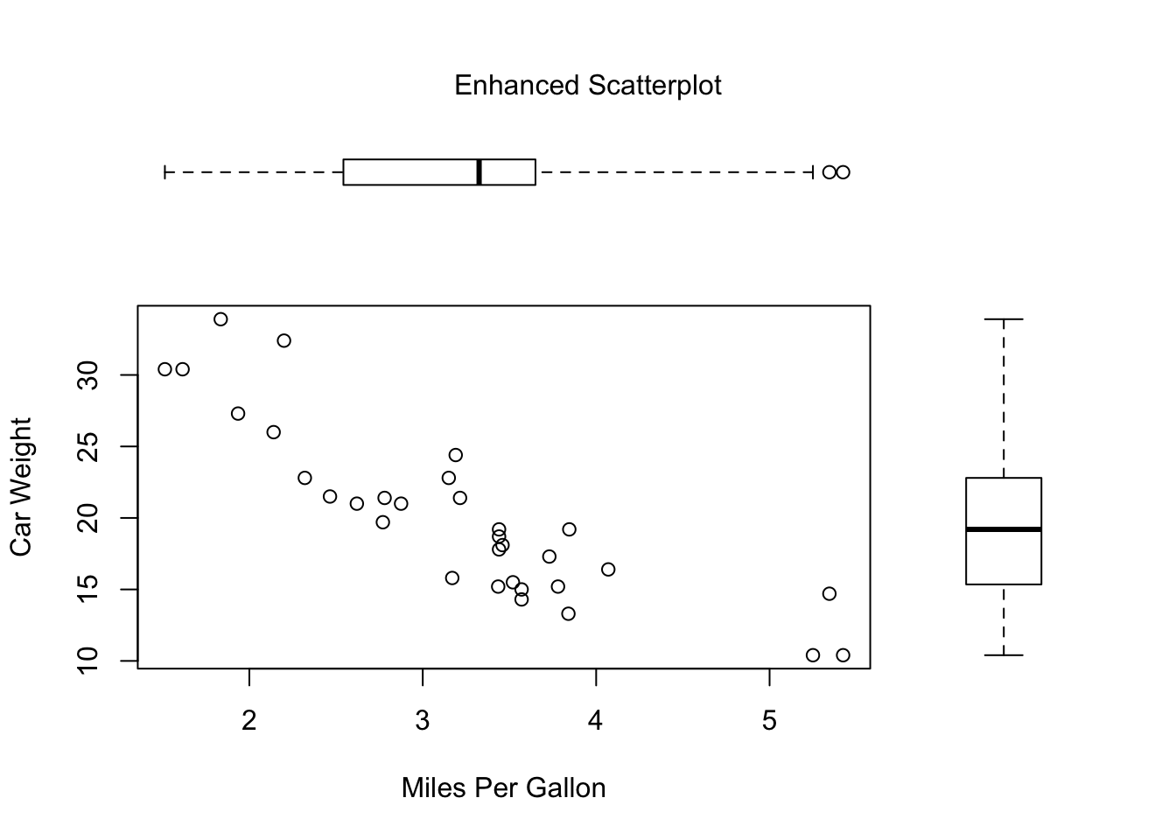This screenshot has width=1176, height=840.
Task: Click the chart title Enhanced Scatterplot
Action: (x=588, y=86)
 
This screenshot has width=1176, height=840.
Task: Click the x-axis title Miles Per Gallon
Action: (x=503, y=788)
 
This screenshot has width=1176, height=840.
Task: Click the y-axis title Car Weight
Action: (x=21, y=486)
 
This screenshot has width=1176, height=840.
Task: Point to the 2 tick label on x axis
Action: (x=249, y=721)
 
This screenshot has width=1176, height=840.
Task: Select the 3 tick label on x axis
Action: (x=423, y=721)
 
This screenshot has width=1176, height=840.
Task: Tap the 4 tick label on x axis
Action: (x=596, y=721)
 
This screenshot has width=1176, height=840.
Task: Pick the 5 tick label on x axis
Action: (x=769, y=721)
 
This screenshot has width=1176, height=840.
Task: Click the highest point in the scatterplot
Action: (x=220, y=319)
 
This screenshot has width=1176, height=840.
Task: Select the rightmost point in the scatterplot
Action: (x=843, y=655)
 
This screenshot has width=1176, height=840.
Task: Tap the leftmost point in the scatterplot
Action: (x=164, y=369)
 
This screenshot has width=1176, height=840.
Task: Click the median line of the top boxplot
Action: (x=479, y=172)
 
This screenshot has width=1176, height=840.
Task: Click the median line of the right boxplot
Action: (x=1004, y=529)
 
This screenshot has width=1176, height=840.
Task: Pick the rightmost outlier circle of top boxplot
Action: (x=843, y=172)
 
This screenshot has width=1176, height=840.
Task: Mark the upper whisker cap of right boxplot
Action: (x=1004, y=319)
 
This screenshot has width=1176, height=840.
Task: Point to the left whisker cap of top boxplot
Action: (x=165, y=172)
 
